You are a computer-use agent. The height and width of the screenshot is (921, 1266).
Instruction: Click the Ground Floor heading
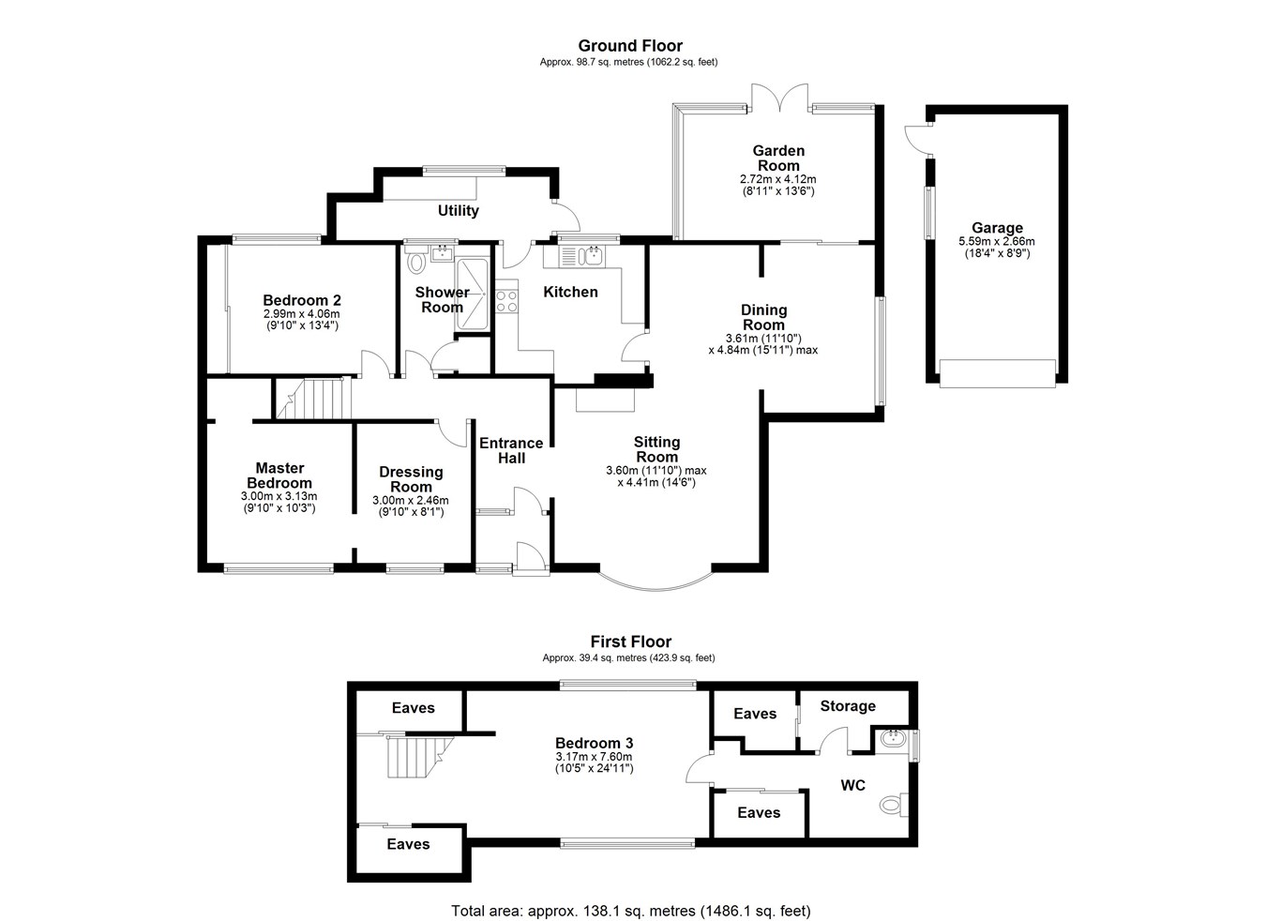coord(629,46)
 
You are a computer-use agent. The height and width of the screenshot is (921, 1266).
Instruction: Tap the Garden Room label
coord(778,158)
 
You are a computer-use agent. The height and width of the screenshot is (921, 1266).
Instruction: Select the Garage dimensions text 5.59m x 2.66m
coord(997,241)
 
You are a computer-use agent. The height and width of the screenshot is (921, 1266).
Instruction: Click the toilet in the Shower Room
coord(416,264)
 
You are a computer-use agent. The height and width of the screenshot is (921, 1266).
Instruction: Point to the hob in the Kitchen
coord(506,302)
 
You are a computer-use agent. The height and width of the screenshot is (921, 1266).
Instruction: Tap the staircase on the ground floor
coord(313,398)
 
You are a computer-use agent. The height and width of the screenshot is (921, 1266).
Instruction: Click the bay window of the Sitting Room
coord(656,581)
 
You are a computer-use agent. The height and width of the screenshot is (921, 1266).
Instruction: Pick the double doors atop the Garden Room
coord(780,98)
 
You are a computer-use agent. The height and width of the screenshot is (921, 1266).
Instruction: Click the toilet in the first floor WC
coord(892,804)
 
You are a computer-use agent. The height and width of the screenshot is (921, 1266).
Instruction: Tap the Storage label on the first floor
coord(848,706)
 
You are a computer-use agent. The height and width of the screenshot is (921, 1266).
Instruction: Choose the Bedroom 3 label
coord(594,743)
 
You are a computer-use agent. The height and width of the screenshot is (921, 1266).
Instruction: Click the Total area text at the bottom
coord(630,911)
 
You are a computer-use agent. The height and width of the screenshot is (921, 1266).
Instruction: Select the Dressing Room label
coord(411,479)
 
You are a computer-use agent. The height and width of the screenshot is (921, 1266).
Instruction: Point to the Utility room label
coord(458,211)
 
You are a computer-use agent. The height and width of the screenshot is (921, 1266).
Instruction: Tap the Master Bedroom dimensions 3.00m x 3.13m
coord(279,497)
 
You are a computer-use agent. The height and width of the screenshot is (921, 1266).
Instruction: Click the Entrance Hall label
coord(511,450)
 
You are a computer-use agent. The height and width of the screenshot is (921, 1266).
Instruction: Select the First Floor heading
coord(630,642)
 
